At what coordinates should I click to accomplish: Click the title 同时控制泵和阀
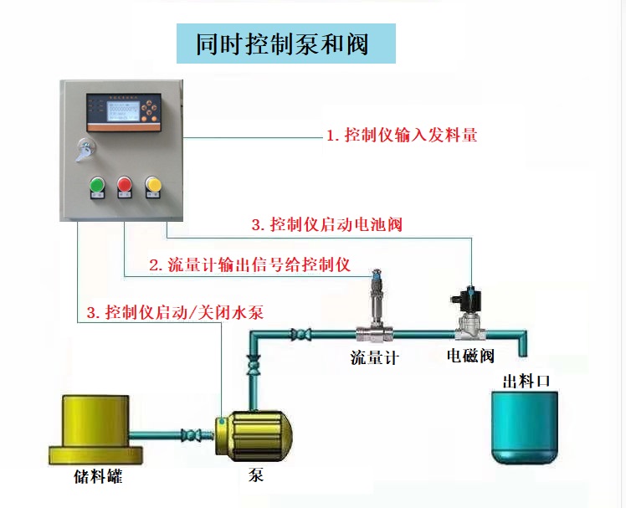tap(284, 44)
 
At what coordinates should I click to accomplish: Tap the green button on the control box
tap(97, 184)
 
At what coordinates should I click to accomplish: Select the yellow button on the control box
tap(153, 184)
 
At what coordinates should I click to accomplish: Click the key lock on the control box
tap(85, 150)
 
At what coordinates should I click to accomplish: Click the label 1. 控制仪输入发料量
tap(402, 135)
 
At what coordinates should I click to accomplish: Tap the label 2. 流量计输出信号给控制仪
tap(249, 265)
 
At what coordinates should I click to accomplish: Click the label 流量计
tap(374, 358)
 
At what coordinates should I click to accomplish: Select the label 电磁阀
tap(469, 356)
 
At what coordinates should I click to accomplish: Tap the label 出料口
tap(526, 381)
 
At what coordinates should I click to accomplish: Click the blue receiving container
tap(523, 426)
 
